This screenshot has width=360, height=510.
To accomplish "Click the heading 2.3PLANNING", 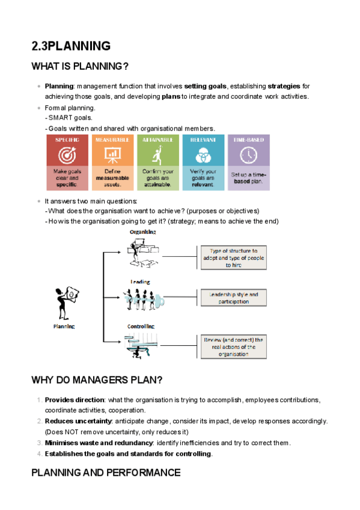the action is pyautogui.click(x=71, y=46).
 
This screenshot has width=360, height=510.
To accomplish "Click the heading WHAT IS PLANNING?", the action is pyautogui.click(x=80, y=66).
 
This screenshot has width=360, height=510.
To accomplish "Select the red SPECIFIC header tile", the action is pyautogui.click(x=69, y=140).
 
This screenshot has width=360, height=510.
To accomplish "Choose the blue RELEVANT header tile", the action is pyautogui.click(x=204, y=140).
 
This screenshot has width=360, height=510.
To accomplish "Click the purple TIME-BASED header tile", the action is pyautogui.click(x=249, y=140).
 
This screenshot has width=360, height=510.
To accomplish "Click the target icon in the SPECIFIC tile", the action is pyautogui.click(x=69, y=155).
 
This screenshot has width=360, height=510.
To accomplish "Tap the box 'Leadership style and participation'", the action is pyautogui.click(x=233, y=298).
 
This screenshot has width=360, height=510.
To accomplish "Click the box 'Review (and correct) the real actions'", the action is pyautogui.click(x=234, y=347).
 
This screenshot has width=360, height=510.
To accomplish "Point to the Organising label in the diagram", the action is pyautogui.click(x=144, y=232).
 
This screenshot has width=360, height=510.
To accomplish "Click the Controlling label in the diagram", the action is pyautogui.click(x=142, y=327).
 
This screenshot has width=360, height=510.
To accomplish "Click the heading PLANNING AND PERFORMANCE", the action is pyautogui.click(x=106, y=473).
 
